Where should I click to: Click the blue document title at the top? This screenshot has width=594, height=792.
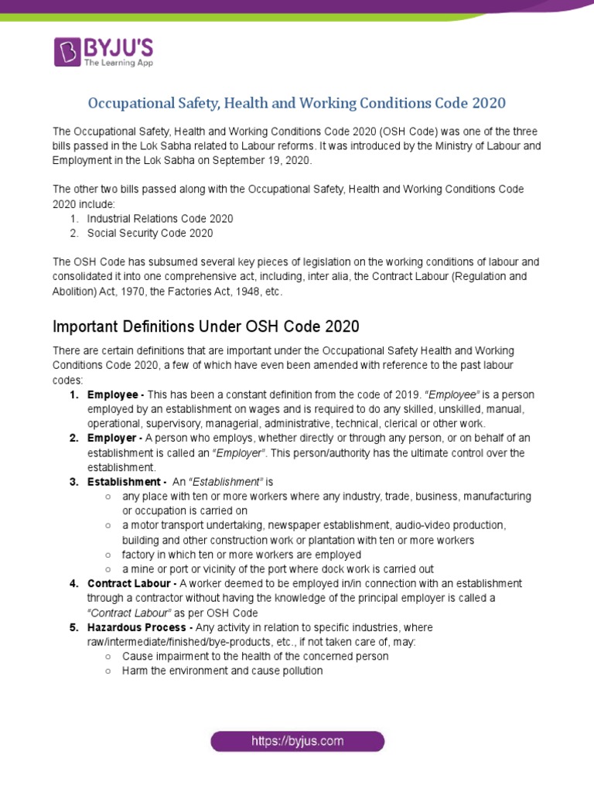[x=296, y=103]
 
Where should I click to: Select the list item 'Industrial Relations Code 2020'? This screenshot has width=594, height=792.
[x=160, y=219]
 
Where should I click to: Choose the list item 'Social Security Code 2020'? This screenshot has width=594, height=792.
[x=150, y=233]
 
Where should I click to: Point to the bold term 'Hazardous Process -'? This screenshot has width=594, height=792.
[x=140, y=627]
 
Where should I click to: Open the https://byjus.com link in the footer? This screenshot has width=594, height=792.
[x=297, y=741]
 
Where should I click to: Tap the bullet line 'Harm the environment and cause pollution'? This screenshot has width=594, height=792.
[x=222, y=671]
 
